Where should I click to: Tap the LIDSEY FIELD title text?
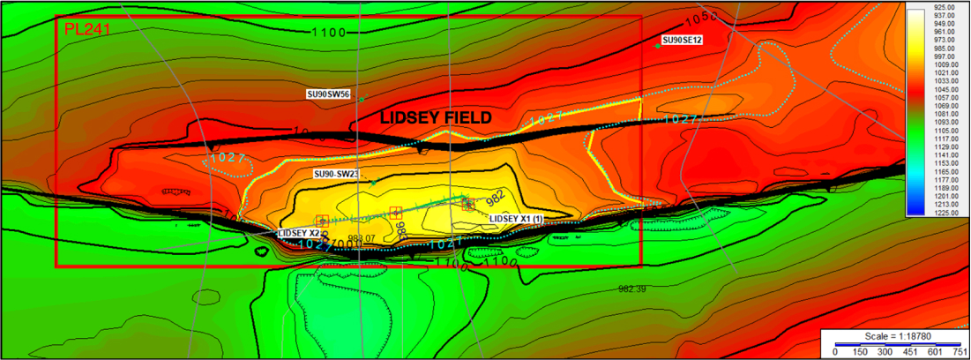(x=435, y=117)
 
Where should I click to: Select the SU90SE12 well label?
(x=682, y=41)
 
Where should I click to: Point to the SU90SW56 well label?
(x=328, y=94)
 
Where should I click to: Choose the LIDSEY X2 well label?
(x=298, y=233)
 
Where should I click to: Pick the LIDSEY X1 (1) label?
(x=516, y=218)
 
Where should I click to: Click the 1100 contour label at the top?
(x=330, y=33)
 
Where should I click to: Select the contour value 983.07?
(x=362, y=238)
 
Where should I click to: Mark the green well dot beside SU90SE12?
(x=658, y=46)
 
